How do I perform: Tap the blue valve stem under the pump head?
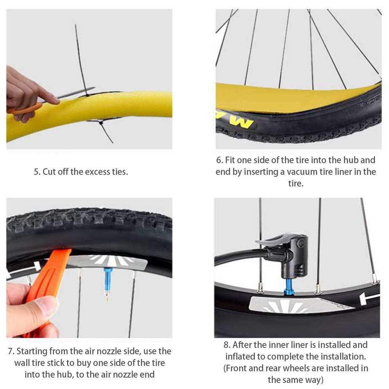coord(289,287)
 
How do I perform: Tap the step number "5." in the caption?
coord(37,172)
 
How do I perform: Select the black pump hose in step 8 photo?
coord(236,256)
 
